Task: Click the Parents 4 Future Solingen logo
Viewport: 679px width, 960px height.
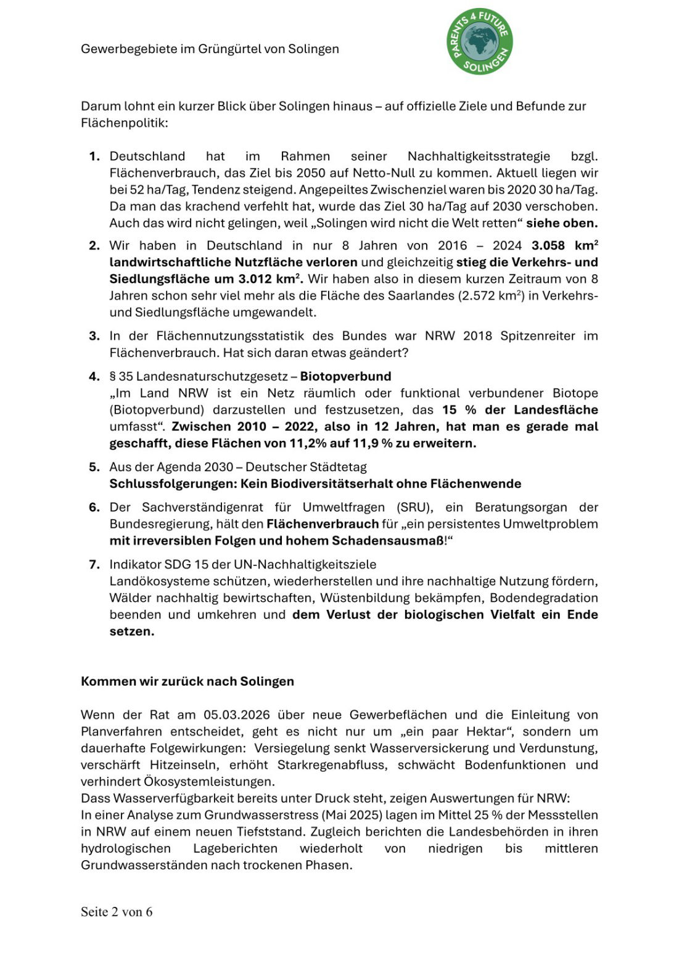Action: [480, 42]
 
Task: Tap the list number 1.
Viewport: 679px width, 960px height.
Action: [94, 157]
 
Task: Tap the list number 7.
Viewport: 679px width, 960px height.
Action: [94, 564]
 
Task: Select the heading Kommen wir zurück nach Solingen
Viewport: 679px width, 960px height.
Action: [187, 681]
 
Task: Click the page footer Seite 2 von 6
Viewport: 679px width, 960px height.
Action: [117, 912]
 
